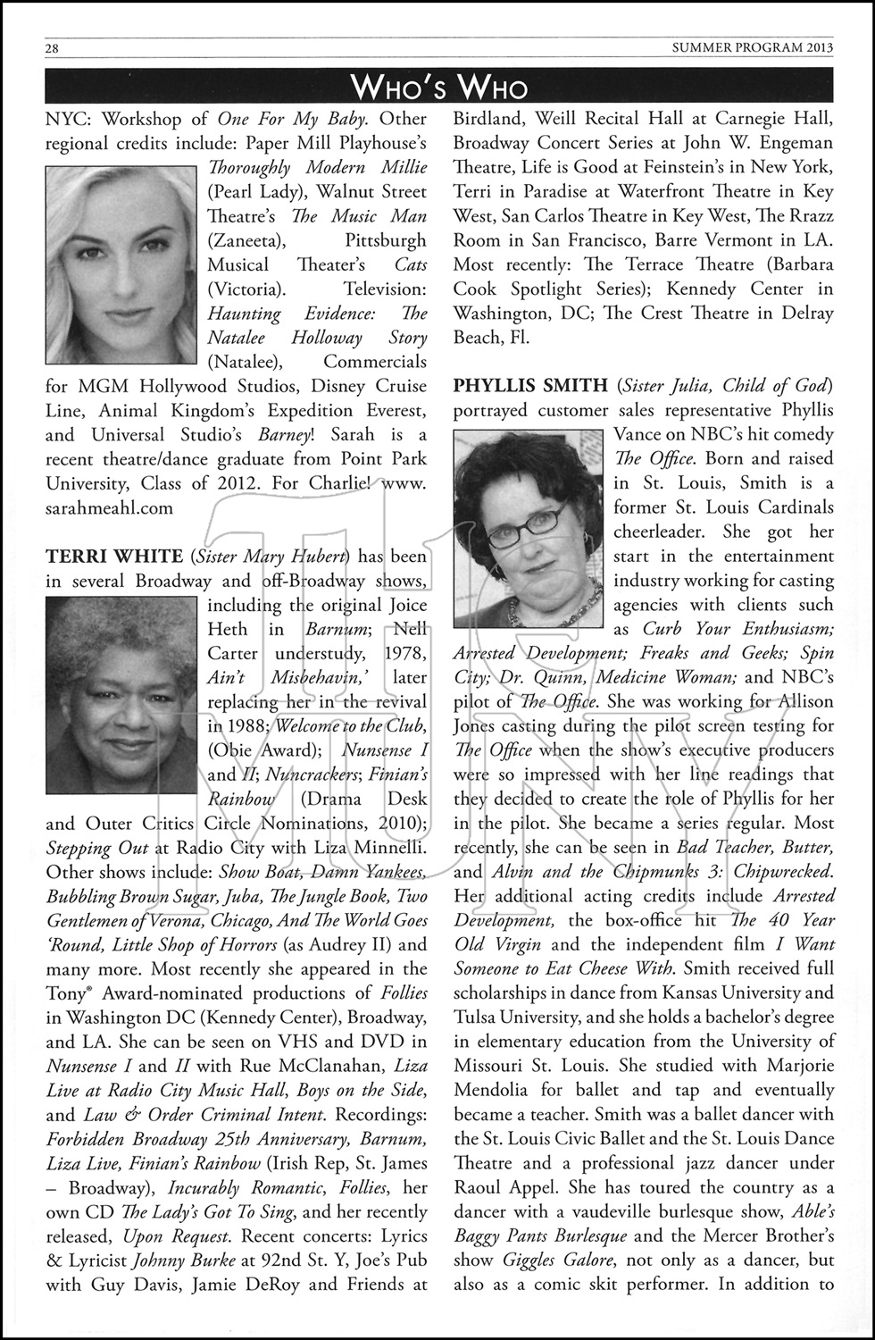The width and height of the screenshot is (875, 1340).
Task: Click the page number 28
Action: (x=52, y=48)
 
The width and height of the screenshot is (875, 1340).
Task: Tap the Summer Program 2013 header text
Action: (x=753, y=48)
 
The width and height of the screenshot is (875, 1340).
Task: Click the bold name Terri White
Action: (x=113, y=557)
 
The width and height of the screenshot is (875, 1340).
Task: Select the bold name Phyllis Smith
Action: (x=530, y=386)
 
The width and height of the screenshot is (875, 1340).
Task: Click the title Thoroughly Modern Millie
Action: (x=317, y=168)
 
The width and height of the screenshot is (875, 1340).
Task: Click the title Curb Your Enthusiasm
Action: (x=738, y=629)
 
